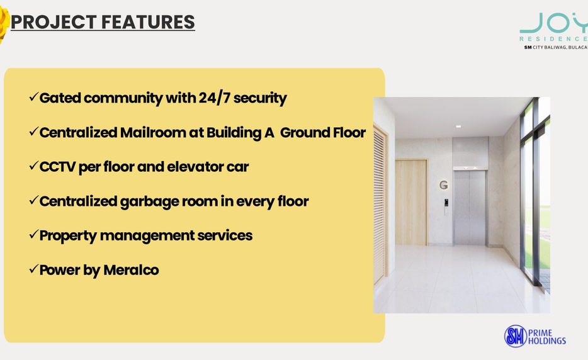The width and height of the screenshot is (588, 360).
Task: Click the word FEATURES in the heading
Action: [148, 22]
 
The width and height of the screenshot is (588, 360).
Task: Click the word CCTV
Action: [57, 167]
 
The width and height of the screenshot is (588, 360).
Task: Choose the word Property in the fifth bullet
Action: [68, 236]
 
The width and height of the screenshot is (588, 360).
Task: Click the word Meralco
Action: [131, 270]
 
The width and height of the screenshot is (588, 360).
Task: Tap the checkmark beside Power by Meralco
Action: [34, 269]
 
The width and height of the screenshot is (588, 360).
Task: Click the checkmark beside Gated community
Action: [34, 97]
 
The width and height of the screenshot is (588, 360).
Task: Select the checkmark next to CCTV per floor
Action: [34, 166]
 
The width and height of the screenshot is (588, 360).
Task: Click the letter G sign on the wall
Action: [444, 185]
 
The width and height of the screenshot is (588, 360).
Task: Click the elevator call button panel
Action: [446, 203]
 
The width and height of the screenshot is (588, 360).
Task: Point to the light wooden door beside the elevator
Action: [411, 202]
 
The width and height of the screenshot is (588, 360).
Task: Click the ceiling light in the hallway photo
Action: [458, 127]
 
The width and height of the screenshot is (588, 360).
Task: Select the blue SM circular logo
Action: [516, 336]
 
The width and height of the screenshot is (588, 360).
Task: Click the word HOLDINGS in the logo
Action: [547, 341]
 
